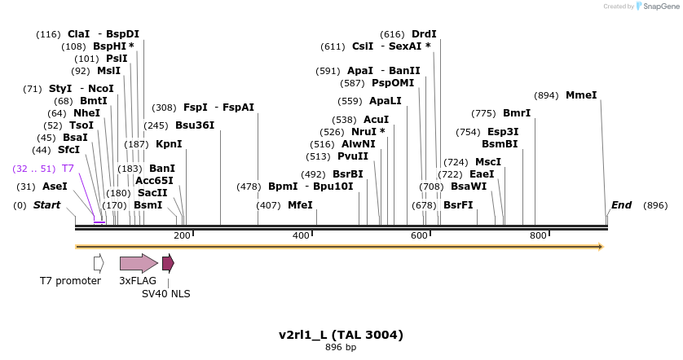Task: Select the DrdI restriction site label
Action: tap(424, 34)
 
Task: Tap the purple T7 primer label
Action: tap(68, 169)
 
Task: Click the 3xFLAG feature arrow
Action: tap(139, 263)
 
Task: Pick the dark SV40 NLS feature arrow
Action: tap(168, 263)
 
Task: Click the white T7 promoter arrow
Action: tap(99, 263)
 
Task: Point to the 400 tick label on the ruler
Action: tap(302, 236)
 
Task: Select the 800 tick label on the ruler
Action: tap(538, 236)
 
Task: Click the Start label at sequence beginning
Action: tap(46, 205)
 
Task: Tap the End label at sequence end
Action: tap(622, 205)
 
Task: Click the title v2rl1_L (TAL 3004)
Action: tap(341, 335)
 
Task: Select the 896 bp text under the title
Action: tap(341, 348)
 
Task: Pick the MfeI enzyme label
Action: tap(300, 205)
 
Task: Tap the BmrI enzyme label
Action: tap(517, 113)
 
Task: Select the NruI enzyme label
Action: tap(364, 132)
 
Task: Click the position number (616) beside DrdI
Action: tap(393, 34)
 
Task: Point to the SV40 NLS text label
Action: tap(166, 293)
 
